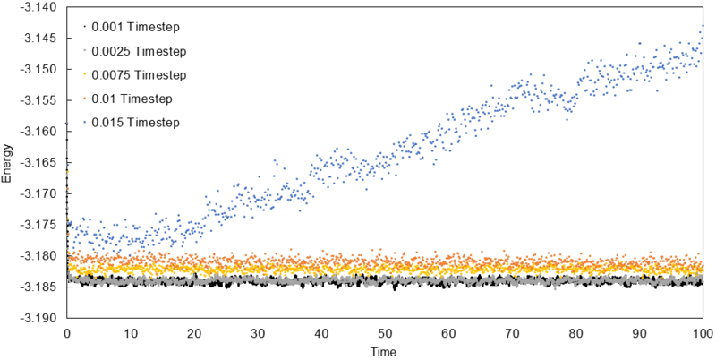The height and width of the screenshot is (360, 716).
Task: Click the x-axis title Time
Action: tap(386, 350)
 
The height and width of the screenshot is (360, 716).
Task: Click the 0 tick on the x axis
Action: tap(67, 332)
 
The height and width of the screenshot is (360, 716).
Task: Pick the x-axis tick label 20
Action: tap(194, 332)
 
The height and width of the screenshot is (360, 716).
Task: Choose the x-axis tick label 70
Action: tap(513, 332)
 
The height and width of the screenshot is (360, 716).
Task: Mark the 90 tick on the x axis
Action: tap(640, 332)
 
